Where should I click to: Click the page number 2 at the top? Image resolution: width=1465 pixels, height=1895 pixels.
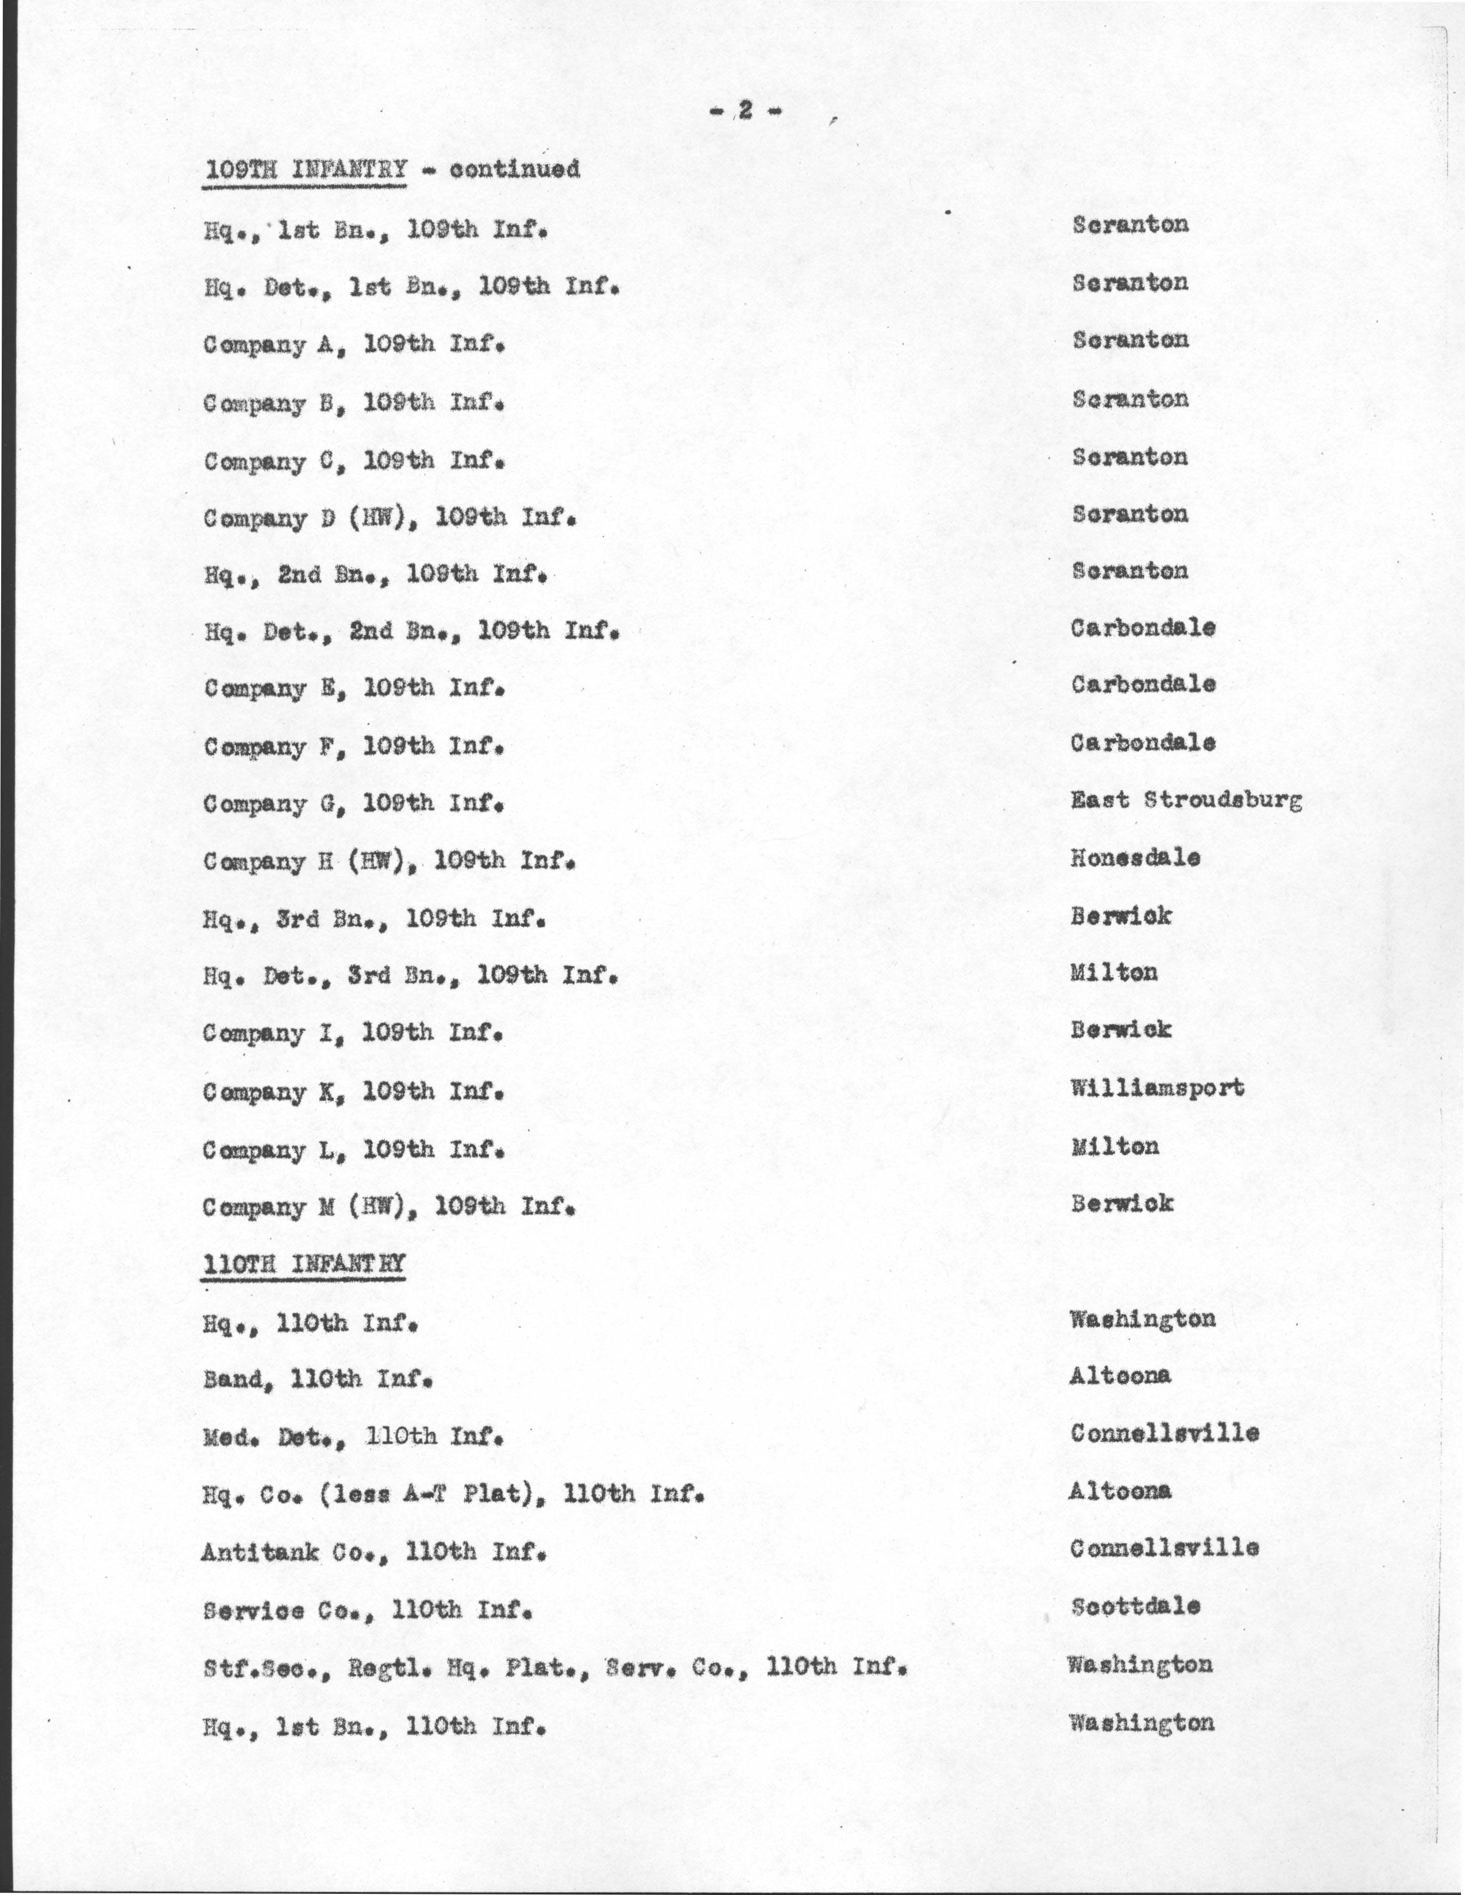tap(745, 110)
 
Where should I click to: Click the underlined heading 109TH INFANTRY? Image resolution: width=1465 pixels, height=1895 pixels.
tap(304, 168)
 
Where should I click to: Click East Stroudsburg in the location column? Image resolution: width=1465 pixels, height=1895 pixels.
tap(1186, 799)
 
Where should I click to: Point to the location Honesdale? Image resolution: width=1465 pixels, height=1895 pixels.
tap(1135, 858)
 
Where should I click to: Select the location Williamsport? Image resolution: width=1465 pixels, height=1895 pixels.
tap(1157, 1087)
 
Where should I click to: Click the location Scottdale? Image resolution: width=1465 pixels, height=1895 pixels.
tap(1135, 1606)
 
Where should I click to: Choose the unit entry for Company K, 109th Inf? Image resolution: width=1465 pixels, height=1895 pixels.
tap(353, 1092)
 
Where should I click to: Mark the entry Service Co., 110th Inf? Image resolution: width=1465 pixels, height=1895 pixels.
tap(367, 1610)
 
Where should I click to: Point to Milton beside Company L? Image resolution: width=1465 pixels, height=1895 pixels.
tap(1115, 1146)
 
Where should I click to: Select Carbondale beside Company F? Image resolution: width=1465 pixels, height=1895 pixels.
tap(1142, 742)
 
